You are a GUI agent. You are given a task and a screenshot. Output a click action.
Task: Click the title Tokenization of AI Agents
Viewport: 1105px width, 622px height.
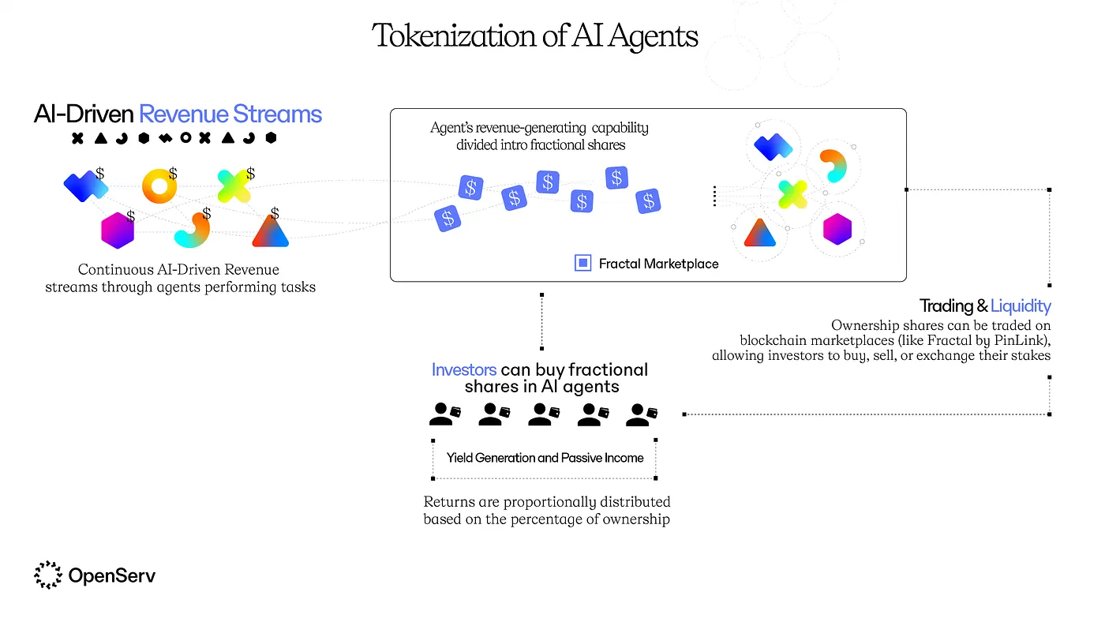point(535,36)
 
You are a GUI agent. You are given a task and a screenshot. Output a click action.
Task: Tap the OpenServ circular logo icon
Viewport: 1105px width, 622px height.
point(47,575)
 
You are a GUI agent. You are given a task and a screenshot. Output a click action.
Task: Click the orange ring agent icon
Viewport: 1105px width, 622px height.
point(159,186)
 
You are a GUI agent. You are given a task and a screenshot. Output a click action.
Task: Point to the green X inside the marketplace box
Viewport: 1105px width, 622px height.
point(792,193)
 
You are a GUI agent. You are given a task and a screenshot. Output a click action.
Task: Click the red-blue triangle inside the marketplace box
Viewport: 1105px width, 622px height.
point(759,232)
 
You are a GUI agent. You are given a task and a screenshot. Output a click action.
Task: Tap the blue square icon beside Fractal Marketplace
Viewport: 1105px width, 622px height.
point(582,264)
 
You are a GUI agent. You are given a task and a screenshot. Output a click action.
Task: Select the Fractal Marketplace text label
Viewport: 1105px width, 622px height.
point(658,264)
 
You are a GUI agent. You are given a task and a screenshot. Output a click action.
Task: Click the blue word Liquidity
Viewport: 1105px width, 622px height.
point(1021,305)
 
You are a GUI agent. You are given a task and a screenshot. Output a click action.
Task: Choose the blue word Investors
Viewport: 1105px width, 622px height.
point(464,369)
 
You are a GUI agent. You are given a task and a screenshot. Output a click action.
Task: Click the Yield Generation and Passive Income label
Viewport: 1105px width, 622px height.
point(545,458)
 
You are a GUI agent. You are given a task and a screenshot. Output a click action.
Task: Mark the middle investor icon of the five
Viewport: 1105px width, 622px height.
point(543,414)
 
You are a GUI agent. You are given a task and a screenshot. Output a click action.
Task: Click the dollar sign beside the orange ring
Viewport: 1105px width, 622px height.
point(173,172)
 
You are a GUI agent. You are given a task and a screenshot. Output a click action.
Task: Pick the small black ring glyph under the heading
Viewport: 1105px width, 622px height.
point(185,138)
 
